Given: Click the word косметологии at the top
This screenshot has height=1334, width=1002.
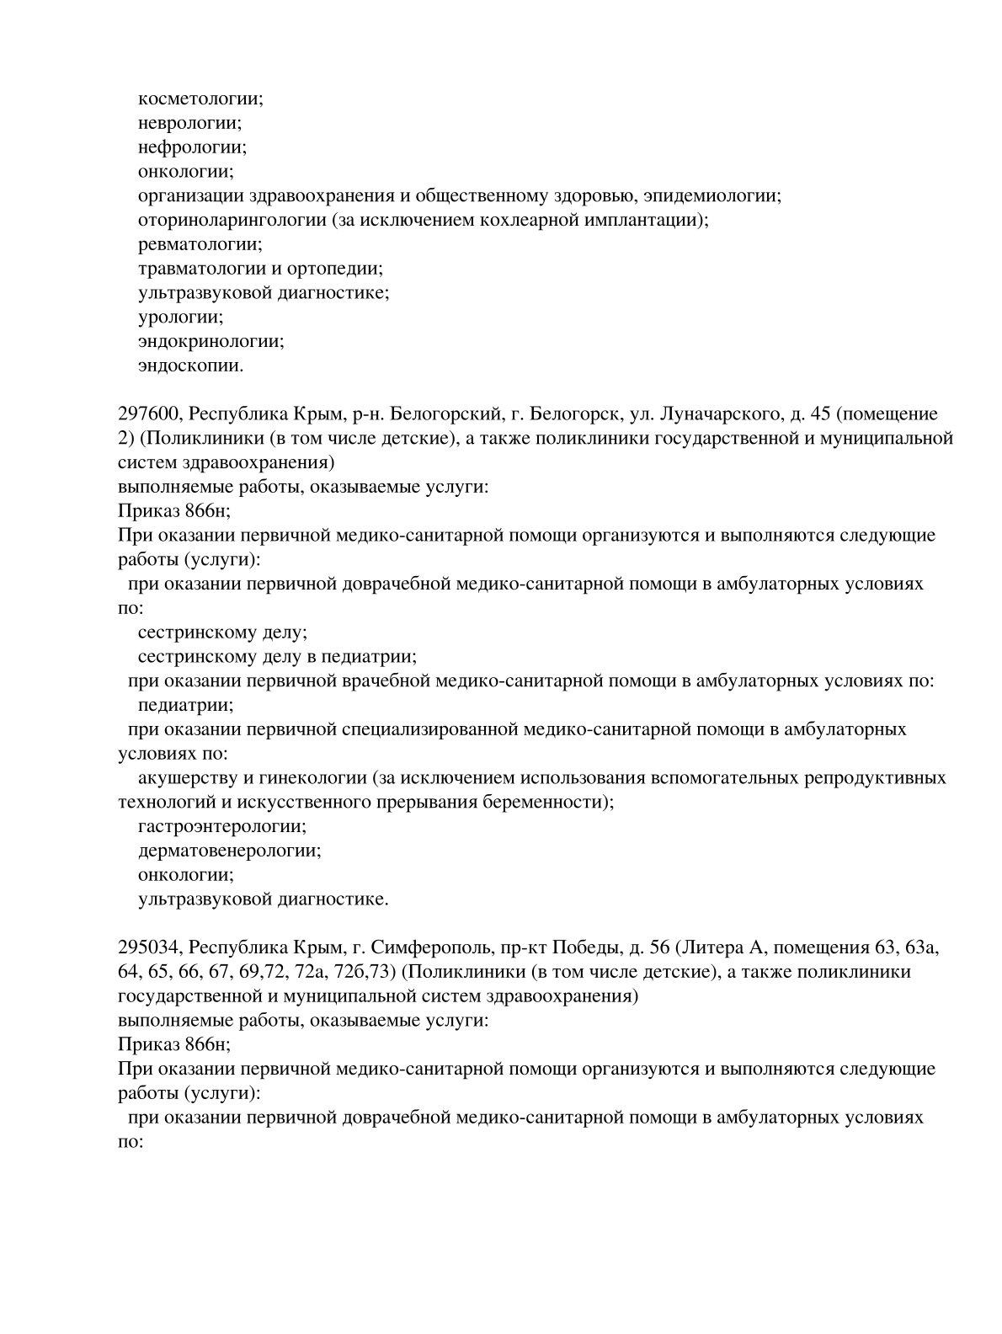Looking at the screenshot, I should click(x=200, y=99).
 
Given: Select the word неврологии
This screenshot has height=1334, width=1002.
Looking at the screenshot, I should click(x=189, y=123).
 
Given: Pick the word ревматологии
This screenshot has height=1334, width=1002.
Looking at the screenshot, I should click(x=200, y=245).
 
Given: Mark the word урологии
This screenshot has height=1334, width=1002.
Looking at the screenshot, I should click(x=179, y=318).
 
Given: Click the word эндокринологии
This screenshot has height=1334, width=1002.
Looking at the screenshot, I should click(x=211, y=342).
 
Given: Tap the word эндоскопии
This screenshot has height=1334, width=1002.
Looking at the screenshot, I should click(x=189, y=366).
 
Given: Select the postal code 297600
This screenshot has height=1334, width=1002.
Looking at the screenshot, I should click(x=147, y=414).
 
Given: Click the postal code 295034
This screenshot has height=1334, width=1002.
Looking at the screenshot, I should click(x=147, y=947).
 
